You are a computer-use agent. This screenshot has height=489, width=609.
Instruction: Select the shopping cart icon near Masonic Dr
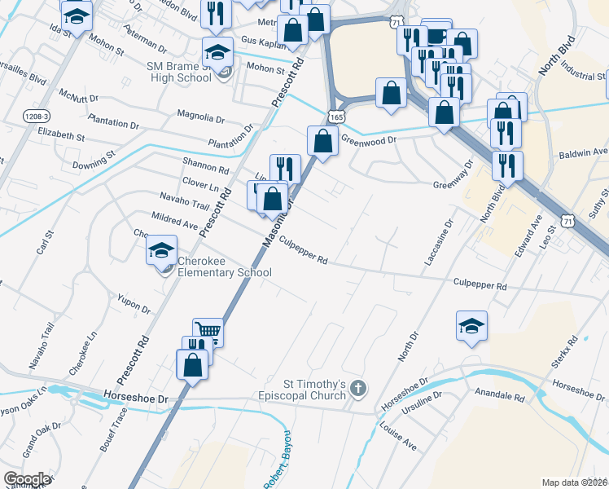click(x=208, y=331)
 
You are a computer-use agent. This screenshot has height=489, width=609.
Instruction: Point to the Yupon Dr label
click(x=134, y=304)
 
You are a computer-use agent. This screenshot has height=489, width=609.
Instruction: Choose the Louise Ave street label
click(x=398, y=440)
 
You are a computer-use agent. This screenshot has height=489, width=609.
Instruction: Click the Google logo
click(x=27, y=478)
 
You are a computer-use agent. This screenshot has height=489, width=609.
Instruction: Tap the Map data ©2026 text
click(x=575, y=482)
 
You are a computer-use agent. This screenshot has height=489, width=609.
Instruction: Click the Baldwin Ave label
click(x=582, y=152)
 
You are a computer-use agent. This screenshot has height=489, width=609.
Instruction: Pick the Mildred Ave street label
click(x=174, y=220)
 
